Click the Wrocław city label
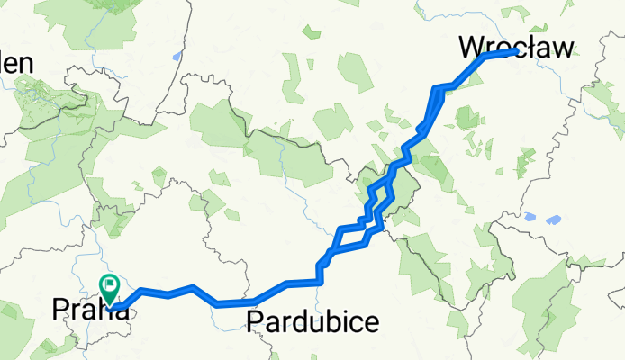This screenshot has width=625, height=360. click(516, 47)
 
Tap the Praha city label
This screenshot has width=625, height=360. click(89, 309)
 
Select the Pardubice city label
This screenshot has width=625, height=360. click(312, 320)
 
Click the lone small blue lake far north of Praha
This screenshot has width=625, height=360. click(177, 56)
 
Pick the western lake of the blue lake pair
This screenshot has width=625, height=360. click(530, 218)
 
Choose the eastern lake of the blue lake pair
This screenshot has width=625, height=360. click(554, 219)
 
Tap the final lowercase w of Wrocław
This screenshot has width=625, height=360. click(561, 49)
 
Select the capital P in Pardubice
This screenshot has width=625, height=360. click(254, 320)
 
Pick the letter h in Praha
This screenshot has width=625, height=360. click(104, 309)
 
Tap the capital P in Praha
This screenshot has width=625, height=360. click(61, 309)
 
